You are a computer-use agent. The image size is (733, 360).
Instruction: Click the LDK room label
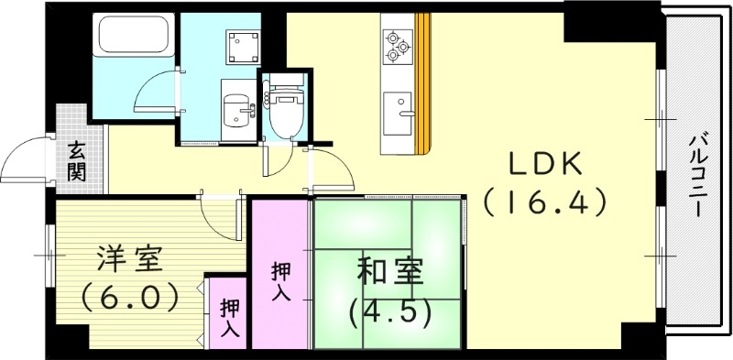(546, 165)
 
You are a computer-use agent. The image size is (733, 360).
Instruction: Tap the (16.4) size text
(546, 202)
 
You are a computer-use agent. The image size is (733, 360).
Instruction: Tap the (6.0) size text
(128, 297)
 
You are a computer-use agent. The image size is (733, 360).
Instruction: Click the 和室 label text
(388, 272)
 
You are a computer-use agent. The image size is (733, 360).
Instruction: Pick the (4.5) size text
(388, 311)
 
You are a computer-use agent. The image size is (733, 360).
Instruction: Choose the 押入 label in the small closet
(230, 320)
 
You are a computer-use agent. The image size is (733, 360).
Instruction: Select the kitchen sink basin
(398, 112)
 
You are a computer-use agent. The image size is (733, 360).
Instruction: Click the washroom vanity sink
(240, 107)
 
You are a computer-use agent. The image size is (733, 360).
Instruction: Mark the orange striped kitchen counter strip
(422, 82)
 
